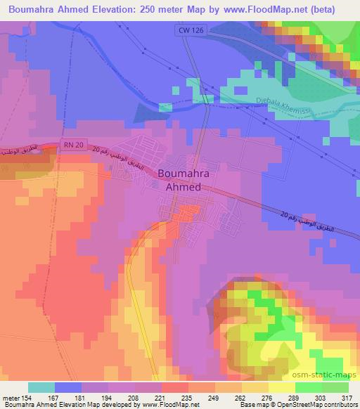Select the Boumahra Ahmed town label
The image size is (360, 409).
tap(179, 179)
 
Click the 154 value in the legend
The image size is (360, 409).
tap(28, 399)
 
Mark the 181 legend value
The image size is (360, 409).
tap(83, 399)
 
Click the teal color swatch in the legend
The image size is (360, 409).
tap(41, 387)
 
